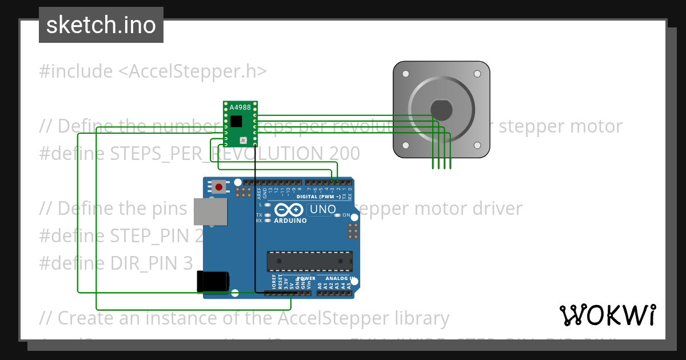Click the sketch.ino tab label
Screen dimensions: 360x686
pyautogui.click(x=101, y=25)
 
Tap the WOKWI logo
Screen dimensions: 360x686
pyautogui.click(x=608, y=315)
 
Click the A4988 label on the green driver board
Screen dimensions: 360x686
pyautogui.click(x=240, y=107)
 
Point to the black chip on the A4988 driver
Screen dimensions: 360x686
pyautogui.click(x=237, y=121)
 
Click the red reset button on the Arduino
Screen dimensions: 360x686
pyautogui.click(x=219, y=187)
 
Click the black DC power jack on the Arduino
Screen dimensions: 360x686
pyautogui.click(x=213, y=282)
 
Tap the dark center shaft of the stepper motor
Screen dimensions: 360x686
pyautogui.click(x=441, y=109)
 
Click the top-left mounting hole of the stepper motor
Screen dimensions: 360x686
pyautogui.click(x=405, y=74)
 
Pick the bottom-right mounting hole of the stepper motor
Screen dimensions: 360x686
pyautogui.click(x=477, y=145)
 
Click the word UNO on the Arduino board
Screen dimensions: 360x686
pyautogui.click(x=323, y=210)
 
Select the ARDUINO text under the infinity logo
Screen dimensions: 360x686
pyautogui.click(x=290, y=221)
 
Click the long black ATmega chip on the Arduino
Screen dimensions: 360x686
pyautogui.click(x=309, y=261)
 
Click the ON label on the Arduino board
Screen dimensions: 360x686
pyautogui.click(x=346, y=215)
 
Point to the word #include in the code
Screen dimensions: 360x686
pyautogui.click(x=76, y=71)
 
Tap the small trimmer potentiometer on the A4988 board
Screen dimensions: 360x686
pyautogui.click(x=243, y=139)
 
